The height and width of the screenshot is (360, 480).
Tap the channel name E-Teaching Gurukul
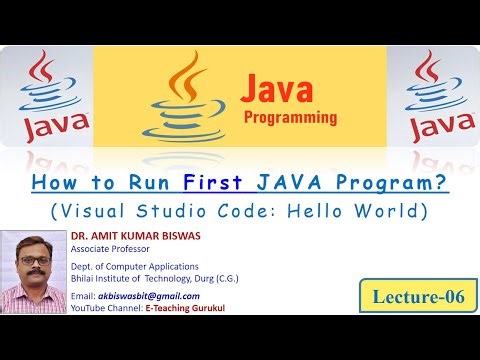(187, 308)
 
